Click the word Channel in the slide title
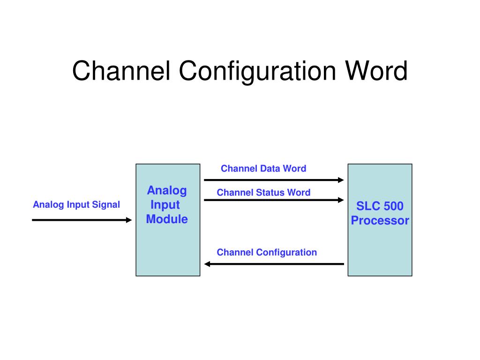(x=121, y=71)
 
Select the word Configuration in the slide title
(x=257, y=72)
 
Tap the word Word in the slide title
(x=376, y=71)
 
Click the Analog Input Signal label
(x=76, y=204)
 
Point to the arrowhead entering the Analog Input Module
(x=129, y=220)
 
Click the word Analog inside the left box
(x=167, y=191)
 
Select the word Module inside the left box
(x=167, y=219)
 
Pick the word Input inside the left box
(x=165, y=205)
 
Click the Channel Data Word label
(x=263, y=168)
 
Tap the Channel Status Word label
(x=263, y=192)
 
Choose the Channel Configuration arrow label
(x=267, y=252)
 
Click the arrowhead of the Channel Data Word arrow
(x=341, y=180)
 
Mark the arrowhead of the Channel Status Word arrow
(x=341, y=200)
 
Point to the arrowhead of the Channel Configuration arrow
(x=207, y=264)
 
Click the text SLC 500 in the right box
(x=380, y=206)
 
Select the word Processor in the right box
(x=380, y=220)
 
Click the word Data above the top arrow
(x=270, y=168)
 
